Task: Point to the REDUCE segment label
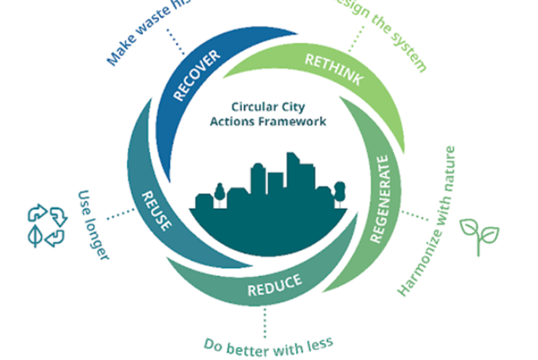(274, 285)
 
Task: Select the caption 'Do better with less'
(268, 342)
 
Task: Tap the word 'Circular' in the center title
(253, 108)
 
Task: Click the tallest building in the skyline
(293, 173)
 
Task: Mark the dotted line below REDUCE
(266, 318)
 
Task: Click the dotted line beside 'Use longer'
(118, 215)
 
